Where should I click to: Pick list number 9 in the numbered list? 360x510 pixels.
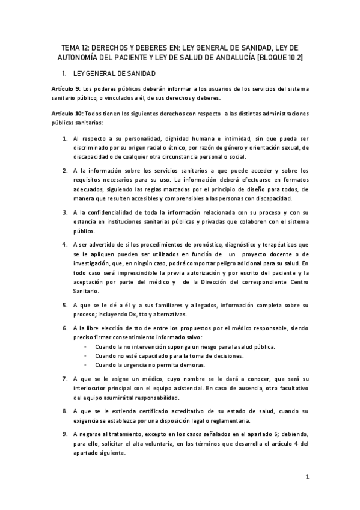[65, 434]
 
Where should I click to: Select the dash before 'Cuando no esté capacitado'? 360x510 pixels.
[88, 357]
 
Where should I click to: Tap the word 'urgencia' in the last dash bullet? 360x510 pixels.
[138, 365]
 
